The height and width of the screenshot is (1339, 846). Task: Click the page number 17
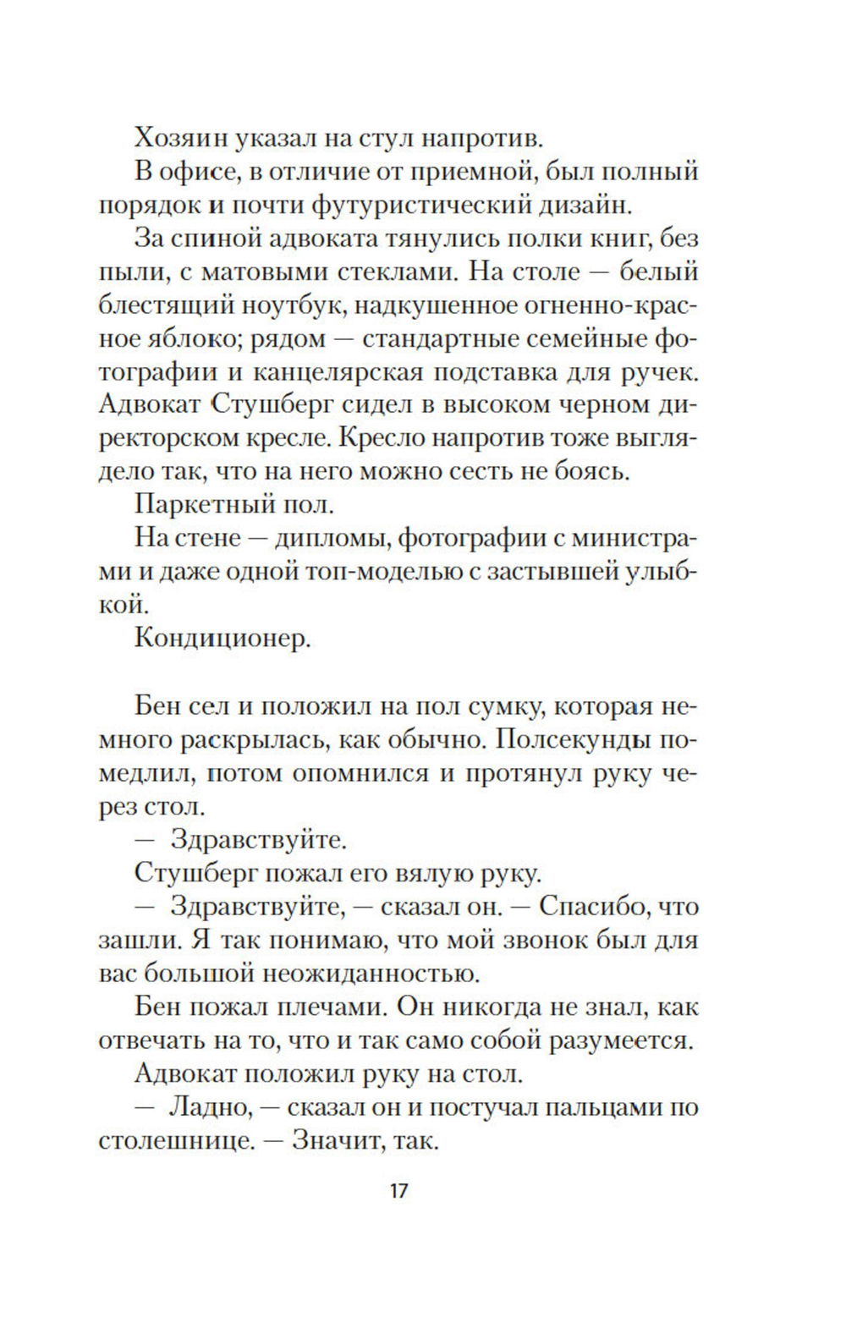coord(399,1191)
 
